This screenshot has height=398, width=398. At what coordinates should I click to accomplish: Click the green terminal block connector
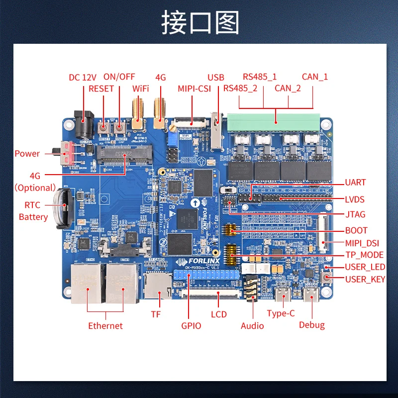tap(273, 119)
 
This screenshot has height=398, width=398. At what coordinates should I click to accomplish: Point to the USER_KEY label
tap(365, 279)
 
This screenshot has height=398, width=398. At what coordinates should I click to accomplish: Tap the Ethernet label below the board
tap(105, 326)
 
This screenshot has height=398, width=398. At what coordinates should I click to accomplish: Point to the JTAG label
tap(355, 214)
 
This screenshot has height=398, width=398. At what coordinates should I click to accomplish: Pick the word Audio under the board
tap(252, 326)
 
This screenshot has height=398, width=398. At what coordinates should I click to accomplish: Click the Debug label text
tap(312, 325)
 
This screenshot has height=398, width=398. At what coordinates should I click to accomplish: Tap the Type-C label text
tap(281, 313)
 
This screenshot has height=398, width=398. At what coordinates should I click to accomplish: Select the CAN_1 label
tap(315, 77)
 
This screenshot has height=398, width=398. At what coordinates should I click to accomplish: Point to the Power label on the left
tap(27, 153)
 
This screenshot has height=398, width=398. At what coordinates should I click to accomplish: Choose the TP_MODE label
tap(364, 255)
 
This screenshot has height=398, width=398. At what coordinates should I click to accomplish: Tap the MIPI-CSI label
tap(195, 89)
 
